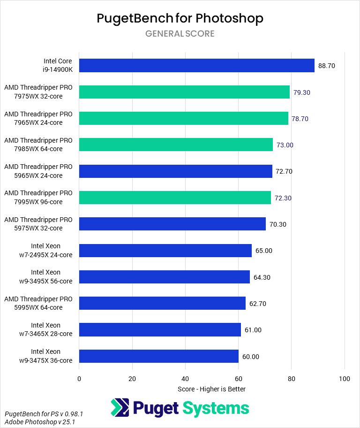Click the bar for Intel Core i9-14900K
197,66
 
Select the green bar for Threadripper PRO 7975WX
184,92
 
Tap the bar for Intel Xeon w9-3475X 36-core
159,356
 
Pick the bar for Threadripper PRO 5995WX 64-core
162,303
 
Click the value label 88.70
327,66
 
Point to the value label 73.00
285,145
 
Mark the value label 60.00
250,356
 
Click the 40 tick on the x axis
185,379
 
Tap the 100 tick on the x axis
345,379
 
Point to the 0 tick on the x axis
79,379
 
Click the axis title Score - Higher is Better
212,389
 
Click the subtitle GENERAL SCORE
180,34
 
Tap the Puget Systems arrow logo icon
120,408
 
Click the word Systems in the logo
216,408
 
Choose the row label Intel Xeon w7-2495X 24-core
45,250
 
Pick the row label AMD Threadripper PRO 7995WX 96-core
38,198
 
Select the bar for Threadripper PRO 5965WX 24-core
176,171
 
